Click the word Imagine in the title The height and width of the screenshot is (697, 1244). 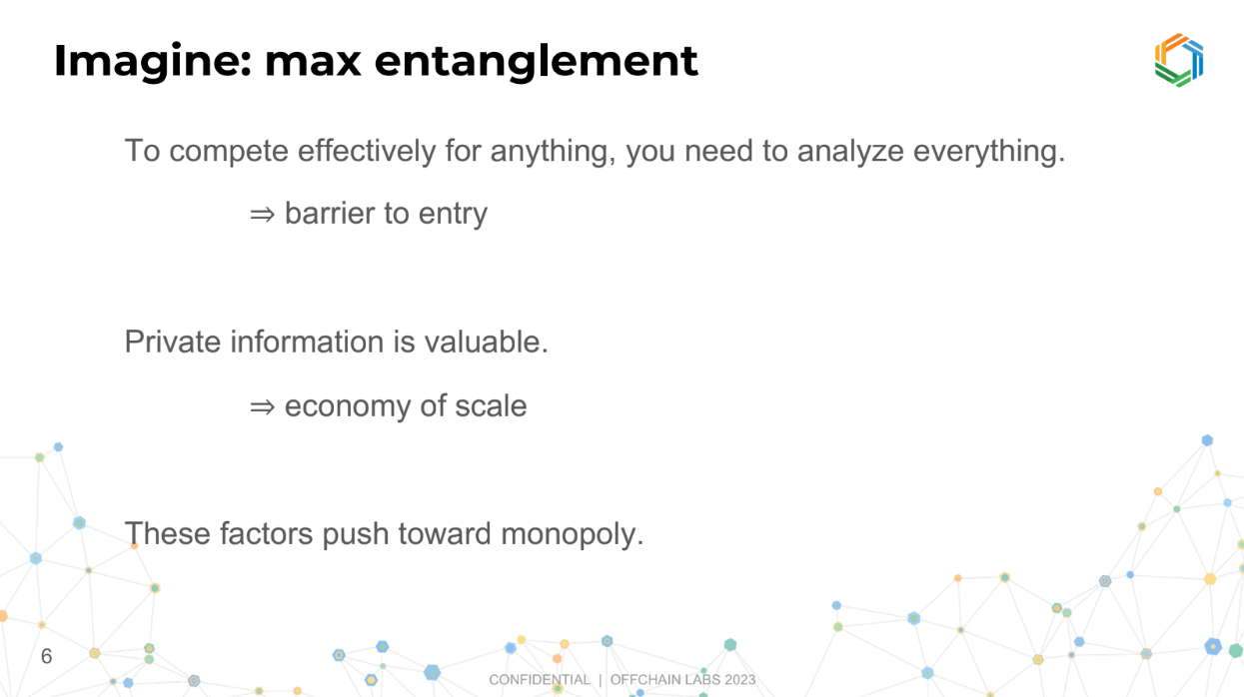[153, 61]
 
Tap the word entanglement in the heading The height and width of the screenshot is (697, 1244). [536, 61]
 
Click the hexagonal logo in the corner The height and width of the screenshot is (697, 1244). [1178, 60]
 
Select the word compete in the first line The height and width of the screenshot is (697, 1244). [229, 152]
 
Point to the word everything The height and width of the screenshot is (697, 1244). [989, 152]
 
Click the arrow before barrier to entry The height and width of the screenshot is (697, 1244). [262, 215]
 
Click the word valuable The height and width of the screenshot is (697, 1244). [487, 342]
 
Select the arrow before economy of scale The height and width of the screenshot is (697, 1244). [262, 406]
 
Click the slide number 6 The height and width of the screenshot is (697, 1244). [47, 656]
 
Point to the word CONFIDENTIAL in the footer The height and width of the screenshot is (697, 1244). [540, 680]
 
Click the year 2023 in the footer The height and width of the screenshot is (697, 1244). [739, 680]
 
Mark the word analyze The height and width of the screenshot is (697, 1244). [850, 152]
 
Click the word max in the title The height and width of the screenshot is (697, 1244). [313, 62]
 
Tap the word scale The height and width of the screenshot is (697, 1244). [491, 405]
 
